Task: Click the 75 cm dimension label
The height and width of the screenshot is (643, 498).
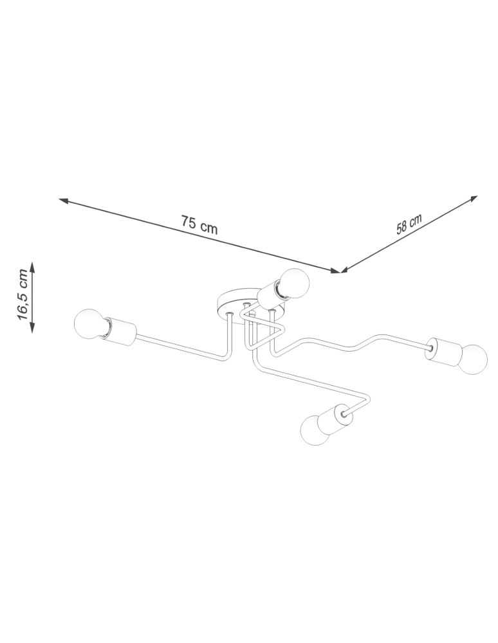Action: click(199, 224)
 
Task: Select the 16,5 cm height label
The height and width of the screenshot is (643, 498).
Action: click(23, 296)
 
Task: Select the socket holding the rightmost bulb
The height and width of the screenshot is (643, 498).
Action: click(443, 351)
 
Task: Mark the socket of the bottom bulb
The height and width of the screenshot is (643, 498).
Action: click(337, 419)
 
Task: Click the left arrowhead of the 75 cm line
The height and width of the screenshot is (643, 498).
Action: click(62, 201)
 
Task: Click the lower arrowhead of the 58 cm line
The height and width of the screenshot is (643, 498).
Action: click(344, 271)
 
